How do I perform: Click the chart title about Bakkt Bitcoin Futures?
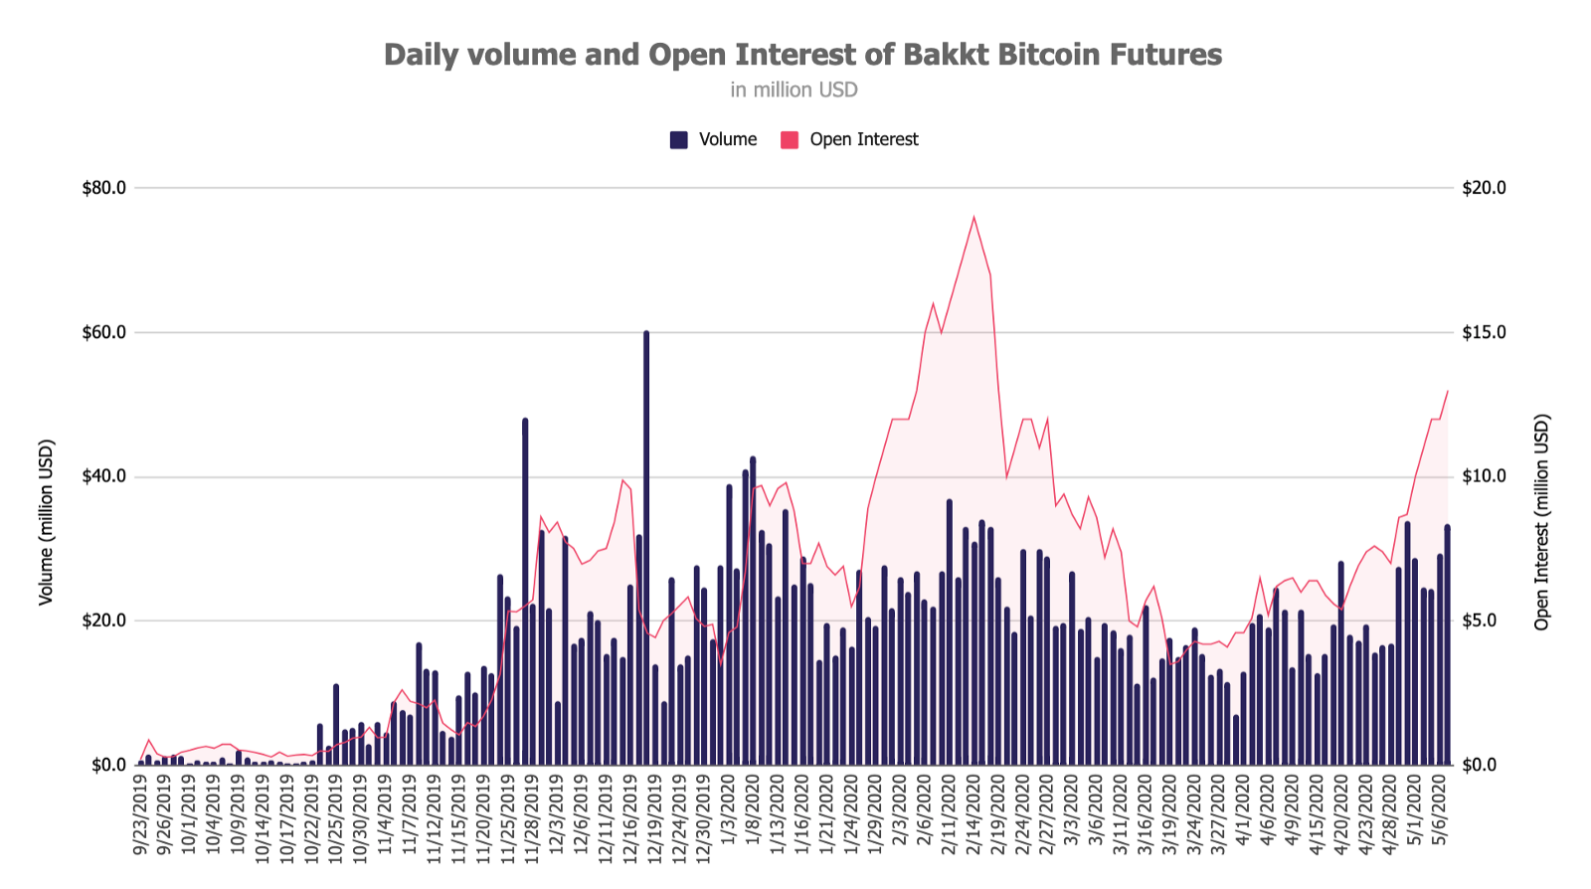(x=802, y=55)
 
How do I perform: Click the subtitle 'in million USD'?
(x=794, y=90)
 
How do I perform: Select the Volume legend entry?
(x=714, y=140)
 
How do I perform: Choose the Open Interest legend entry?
(x=850, y=140)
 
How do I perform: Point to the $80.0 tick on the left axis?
(x=104, y=188)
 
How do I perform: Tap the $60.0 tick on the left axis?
(x=104, y=332)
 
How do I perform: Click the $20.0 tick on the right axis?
(x=1484, y=188)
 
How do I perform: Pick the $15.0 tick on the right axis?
(x=1484, y=332)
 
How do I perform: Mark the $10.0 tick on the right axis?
(x=1484, y=476)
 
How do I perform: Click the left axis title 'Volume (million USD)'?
(x=46, y=522)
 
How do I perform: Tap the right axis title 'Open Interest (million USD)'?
(x=1542, y=522)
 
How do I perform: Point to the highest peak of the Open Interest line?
(x=973, y=217)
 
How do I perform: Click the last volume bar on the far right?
(x=1447, y=646)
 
